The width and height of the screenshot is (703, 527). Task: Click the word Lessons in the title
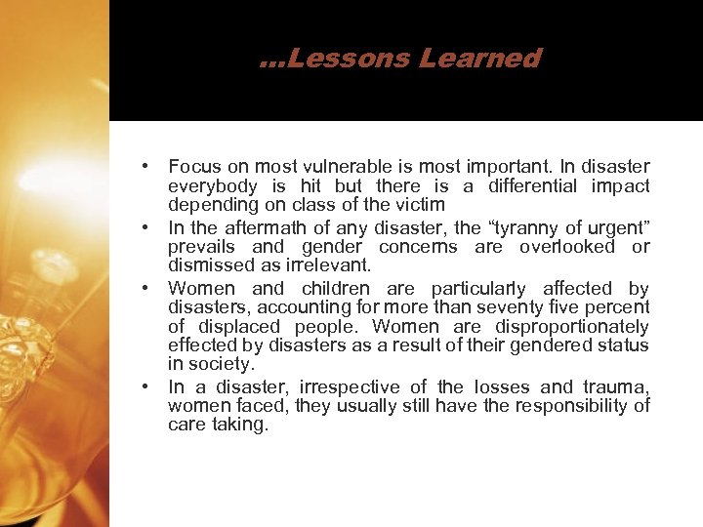tap(348, 59)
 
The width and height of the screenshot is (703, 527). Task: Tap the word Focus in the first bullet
tap(193, 166)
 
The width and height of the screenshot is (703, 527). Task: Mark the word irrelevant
tap(328, 265)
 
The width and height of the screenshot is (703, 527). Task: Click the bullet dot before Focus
tap(144, 166)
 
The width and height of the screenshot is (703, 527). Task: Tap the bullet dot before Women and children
tap(144, 288)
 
